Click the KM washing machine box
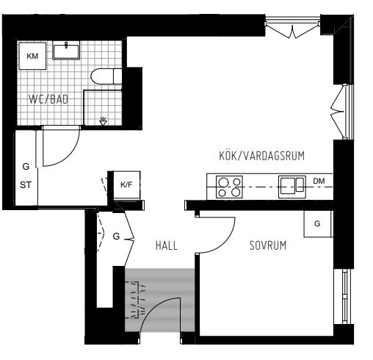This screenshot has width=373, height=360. click(x=32, y=57)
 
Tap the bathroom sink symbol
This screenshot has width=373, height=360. click(x=68, y=51)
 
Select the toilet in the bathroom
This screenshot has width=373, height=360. click(x=108, y=76)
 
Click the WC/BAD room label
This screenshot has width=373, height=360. click(x=48, y=98)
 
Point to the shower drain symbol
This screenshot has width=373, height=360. click(x=103, y=120)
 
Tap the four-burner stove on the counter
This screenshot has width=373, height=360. click(x=230, y=187)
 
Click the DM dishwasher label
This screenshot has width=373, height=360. click(x=319, y=181)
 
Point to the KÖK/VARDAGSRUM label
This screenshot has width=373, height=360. click(x=261, y=156)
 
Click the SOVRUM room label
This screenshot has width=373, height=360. click(x=267, y=245)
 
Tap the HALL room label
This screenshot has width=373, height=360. click(x=166, y=246)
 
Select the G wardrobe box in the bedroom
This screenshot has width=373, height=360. click(x=316, y=223)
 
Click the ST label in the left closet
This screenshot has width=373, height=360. click(x=26, y=185)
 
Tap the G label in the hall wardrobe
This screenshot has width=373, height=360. click(x=116, y=237)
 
